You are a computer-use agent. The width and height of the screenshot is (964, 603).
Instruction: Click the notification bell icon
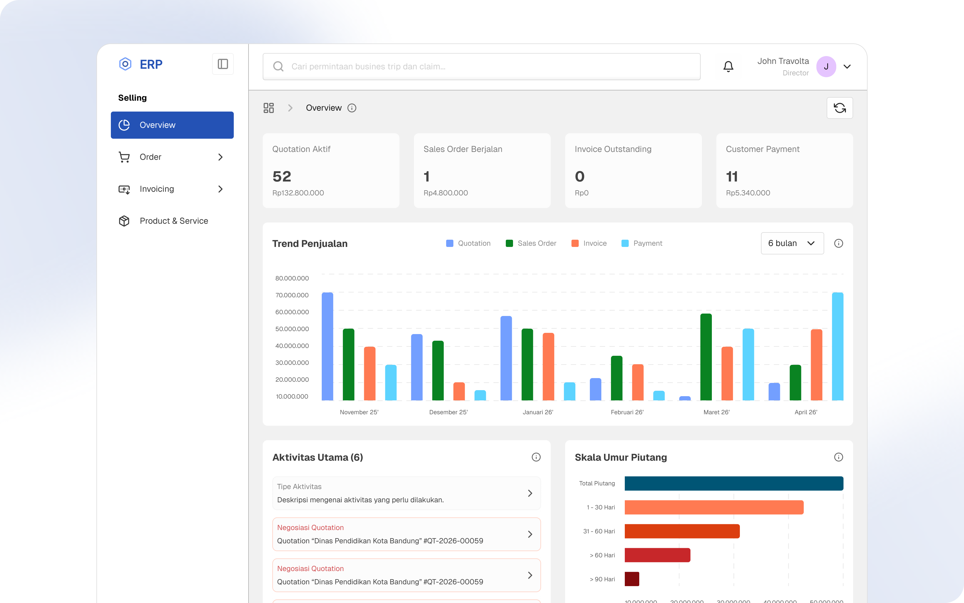click(728, 66)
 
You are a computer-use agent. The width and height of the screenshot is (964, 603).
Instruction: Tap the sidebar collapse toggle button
click(223, 64)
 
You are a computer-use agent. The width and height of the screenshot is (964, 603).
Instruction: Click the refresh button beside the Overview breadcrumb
click(840, 108)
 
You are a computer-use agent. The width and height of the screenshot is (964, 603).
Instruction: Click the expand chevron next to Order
click(220, 157)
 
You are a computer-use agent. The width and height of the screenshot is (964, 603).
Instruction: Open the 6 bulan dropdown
click(792, 243)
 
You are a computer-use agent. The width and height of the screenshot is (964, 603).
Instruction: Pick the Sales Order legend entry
click(531, 243)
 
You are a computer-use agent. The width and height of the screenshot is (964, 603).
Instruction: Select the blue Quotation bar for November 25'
click(327, 346)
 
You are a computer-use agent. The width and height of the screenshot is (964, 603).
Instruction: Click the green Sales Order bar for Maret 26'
click(706, 357)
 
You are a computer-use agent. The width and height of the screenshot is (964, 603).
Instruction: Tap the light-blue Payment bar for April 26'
click(837, 346)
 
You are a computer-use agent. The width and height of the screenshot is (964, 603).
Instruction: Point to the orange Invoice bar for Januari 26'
click(549, 367)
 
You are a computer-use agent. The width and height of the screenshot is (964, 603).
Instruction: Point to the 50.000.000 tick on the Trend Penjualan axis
click(292, 329)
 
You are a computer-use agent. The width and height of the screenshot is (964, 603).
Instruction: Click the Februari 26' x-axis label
click(627, 412)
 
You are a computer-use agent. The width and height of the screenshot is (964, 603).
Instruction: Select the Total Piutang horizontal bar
click(734, 483)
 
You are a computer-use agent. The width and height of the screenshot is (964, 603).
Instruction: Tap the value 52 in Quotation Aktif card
click(282, 176)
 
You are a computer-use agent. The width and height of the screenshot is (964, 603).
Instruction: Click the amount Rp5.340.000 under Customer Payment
click(748, 193)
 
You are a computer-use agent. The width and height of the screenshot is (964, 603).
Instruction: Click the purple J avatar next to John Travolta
click(826, 67)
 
